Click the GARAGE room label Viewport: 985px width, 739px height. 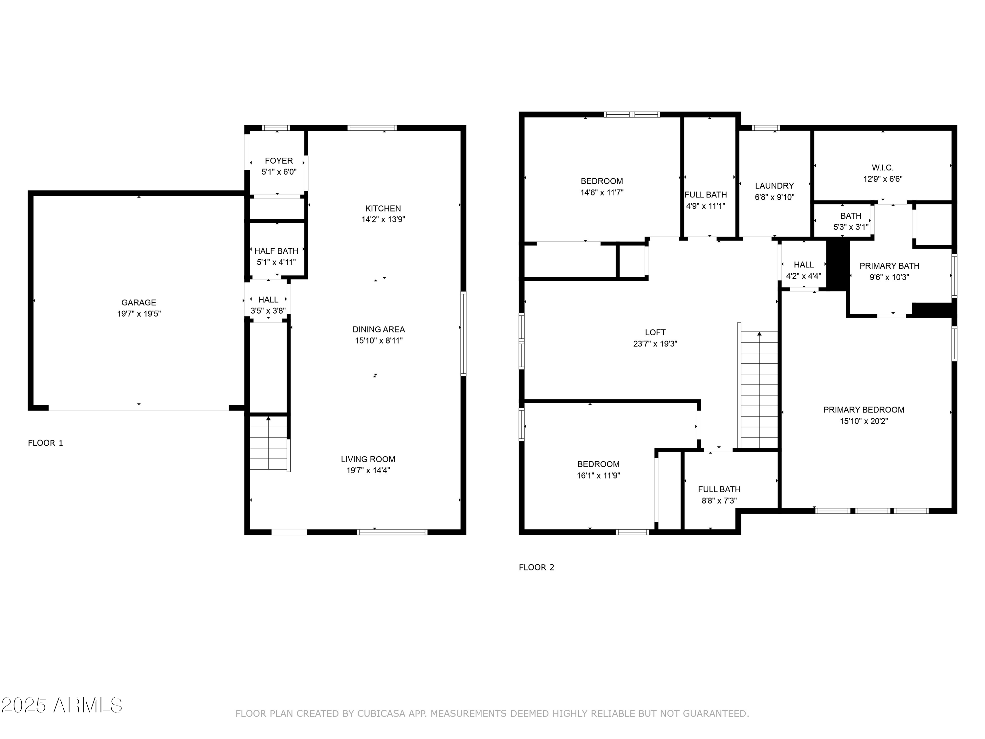point(139,302)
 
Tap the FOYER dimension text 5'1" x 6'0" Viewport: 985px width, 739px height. point(279,172)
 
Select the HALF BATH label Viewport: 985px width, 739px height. point(276,251)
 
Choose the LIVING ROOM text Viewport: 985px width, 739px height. point(368,459)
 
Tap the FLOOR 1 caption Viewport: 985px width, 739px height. point(45,443)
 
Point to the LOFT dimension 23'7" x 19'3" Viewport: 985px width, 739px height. point(655,344)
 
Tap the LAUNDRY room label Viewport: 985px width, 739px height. point(774,186)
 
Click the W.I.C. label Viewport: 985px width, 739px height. point(882,168)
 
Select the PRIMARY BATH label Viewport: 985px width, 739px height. point(889,266)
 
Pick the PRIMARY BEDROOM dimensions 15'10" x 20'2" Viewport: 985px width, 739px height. point(864,421)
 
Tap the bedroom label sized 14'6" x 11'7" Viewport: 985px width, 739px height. point(601,181)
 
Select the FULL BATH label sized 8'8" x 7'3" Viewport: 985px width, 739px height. point(719,489)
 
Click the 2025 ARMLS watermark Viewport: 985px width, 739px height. point(62,705)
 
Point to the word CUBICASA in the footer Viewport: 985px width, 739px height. point(381,714)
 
